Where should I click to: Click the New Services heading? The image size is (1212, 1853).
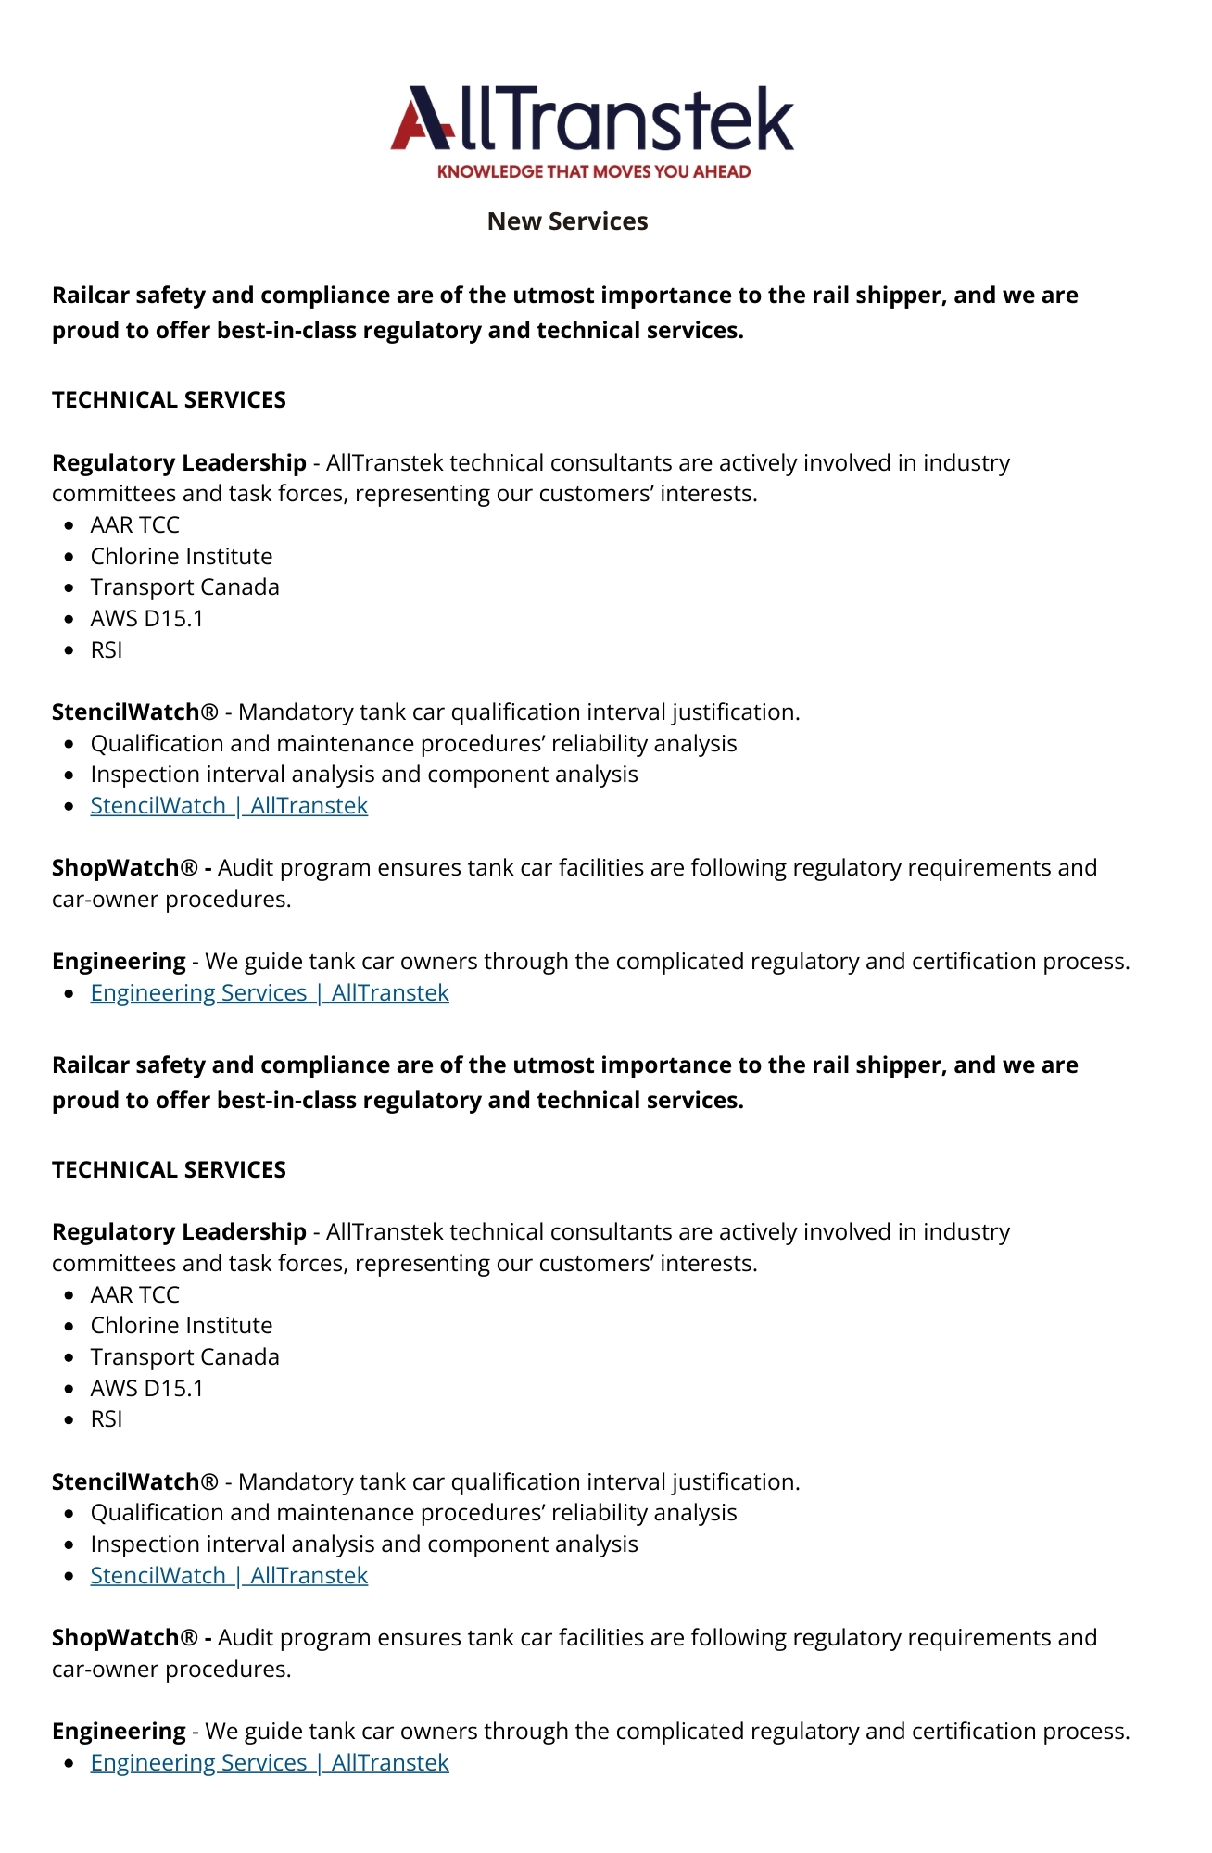click(x=567, y=221)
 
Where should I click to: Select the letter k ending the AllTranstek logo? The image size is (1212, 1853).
click(x=772, y=119)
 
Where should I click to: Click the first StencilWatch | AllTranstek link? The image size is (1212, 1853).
click(x=229, y=806)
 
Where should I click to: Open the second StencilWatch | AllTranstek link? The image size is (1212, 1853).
click(x=229, y=1576)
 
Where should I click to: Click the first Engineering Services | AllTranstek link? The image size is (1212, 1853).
click(x=270, y=993)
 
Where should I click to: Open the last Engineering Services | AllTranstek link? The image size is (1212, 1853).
click(x=270, y=1763)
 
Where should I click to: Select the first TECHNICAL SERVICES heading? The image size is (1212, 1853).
click(x=169, y=400)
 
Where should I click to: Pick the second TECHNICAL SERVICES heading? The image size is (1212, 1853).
click(x=169, y=1170)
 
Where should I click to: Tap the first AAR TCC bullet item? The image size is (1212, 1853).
click(x=134, y=525)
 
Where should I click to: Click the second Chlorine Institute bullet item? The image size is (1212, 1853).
click(x=182, y=1326)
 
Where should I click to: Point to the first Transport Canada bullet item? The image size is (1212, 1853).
click(x=184, y=587)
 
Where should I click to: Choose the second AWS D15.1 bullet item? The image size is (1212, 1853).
click(x=146, y=1389)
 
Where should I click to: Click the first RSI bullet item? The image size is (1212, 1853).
click(x=107, y=650)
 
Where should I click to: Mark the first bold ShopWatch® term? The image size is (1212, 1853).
click(x=125, y=868)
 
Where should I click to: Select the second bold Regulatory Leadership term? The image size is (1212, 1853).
click(x=179, y=1232)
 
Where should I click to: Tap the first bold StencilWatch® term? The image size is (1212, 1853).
click(x=135, y=712)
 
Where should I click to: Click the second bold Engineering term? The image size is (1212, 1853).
click(x=119, y=1732)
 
